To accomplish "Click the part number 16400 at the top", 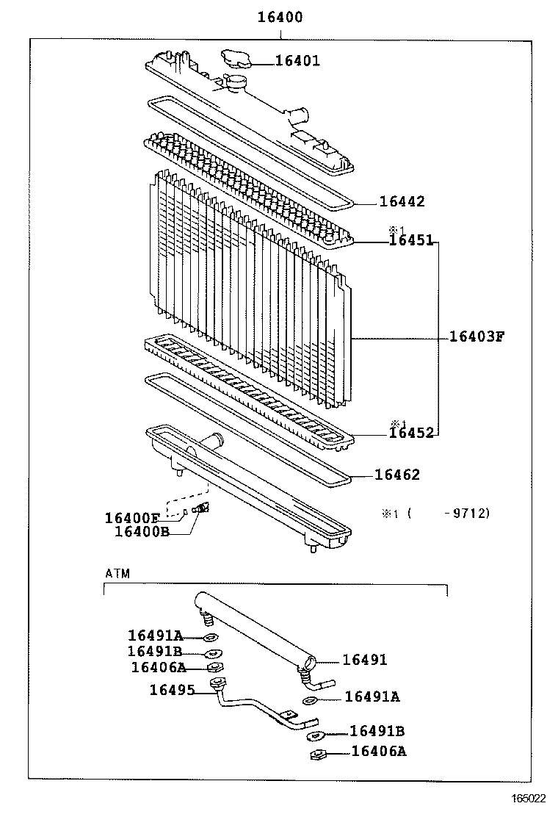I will [279, 17].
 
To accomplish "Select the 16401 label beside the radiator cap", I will [297, 61].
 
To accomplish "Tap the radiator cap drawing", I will [236, 58].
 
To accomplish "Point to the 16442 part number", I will [402, 201].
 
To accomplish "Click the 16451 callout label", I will [411, 240].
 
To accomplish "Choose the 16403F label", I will [477, 337].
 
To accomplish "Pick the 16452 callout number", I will [411, 433].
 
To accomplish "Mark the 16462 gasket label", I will [397, 475].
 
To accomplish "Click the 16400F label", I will [132, 518].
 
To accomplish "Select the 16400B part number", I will [142, 531].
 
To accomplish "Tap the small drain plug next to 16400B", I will [202, 508].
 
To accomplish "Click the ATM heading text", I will [117, 574].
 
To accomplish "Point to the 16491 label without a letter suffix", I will [364, 660].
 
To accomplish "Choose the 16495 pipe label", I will [172, 690].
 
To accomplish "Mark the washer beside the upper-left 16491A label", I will [210, 637].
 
